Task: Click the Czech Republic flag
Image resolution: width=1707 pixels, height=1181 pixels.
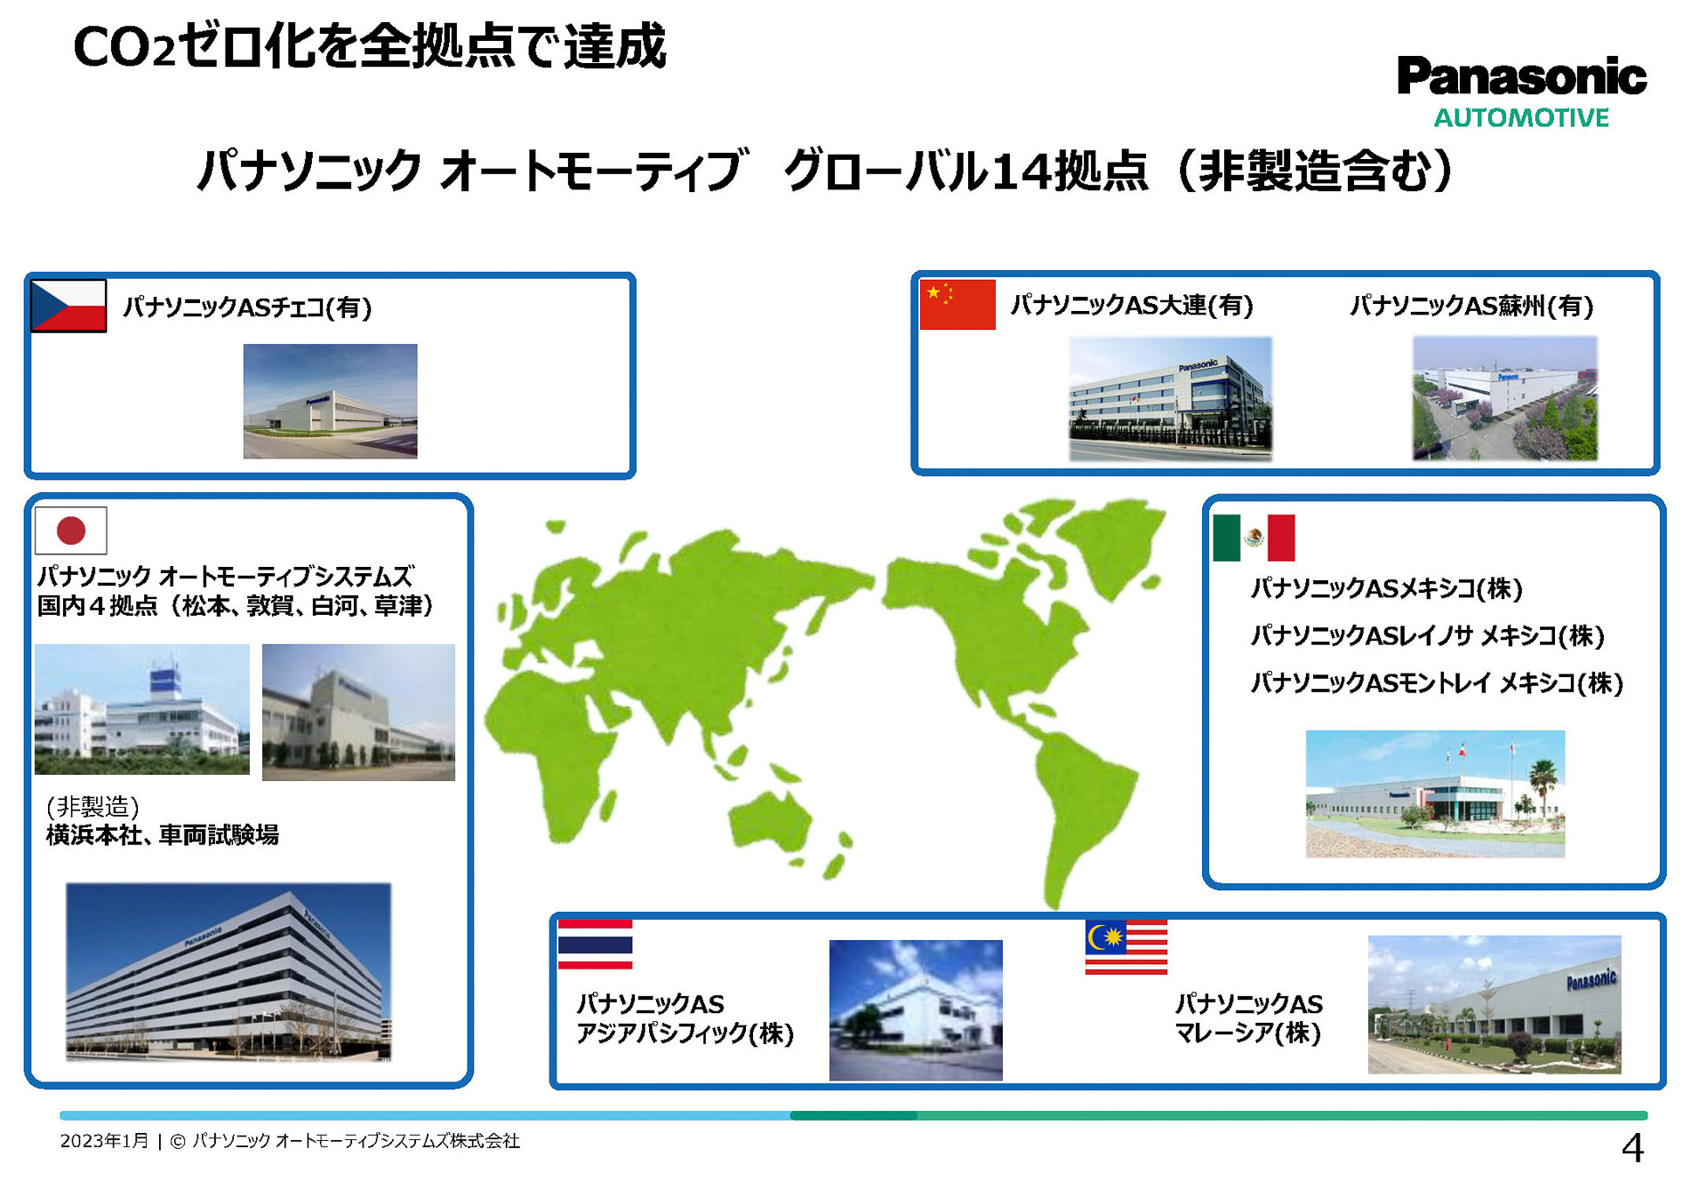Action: pos(68,306)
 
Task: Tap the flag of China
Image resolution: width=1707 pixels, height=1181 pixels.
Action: pos(957,305)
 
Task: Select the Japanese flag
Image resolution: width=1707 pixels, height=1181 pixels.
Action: pos(71,531)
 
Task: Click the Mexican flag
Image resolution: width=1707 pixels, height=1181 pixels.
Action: pos(1254,538)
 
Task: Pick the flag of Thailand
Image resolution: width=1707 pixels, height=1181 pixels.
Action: pos(595,945)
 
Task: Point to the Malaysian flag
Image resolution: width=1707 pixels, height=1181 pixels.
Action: pos(1126,947)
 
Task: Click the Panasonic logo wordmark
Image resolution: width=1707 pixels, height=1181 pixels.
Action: pos(1521,76)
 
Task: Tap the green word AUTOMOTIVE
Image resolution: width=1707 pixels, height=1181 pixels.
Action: pos(1521,118)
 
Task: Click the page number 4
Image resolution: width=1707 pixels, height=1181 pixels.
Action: pos(1632,1148)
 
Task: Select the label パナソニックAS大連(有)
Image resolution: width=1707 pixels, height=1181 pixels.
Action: pos(1131,306)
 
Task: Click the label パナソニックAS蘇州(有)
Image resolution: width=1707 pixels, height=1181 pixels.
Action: pos(1471,306)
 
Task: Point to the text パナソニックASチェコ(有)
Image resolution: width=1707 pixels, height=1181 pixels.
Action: pos(247,307)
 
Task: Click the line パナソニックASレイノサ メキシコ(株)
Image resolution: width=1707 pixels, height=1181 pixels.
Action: pos(1427,635)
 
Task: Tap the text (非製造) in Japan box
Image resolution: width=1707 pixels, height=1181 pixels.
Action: pos(92,806)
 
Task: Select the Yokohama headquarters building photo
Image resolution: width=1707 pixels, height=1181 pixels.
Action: pos(228,971)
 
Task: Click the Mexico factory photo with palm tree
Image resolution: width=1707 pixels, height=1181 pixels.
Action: pos(1434,794)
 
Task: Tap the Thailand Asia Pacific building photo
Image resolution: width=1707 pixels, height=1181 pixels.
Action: pos(916,1010)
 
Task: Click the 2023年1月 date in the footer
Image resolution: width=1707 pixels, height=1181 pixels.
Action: pos(104,1141)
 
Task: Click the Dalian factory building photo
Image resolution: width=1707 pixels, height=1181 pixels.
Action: pos(1170,398)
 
